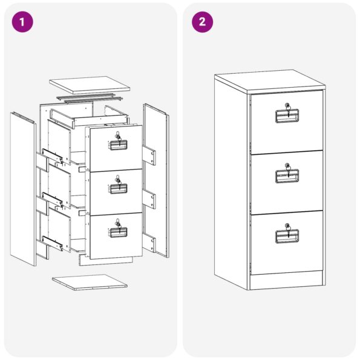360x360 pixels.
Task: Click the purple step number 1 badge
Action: coord(22,22)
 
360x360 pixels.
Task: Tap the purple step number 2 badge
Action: coord(202,22)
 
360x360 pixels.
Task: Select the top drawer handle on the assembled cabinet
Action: coord(287,116)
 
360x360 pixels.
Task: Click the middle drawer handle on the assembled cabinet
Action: coord(287,176)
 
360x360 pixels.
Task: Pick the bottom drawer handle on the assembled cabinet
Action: coord(287,237)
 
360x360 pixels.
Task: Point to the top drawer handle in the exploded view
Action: coord(118,145)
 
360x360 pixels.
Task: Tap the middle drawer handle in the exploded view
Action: coord(118,189)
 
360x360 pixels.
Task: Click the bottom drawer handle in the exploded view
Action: coord(118,232)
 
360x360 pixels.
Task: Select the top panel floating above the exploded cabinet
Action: coord(90,85)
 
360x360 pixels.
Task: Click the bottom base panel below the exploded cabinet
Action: coord(90,282)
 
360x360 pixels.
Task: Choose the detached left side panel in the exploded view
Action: coord(23,189)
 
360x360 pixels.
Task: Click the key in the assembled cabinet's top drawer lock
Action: coord(287,110)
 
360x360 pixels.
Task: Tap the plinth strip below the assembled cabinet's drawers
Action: coord(286,280)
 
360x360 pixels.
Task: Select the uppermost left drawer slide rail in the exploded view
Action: coord(53,156)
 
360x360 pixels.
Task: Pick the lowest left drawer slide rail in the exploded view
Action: coord(53,243)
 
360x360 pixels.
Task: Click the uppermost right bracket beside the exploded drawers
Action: coord(149,155)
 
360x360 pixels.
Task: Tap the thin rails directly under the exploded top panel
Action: coord(90,99)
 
